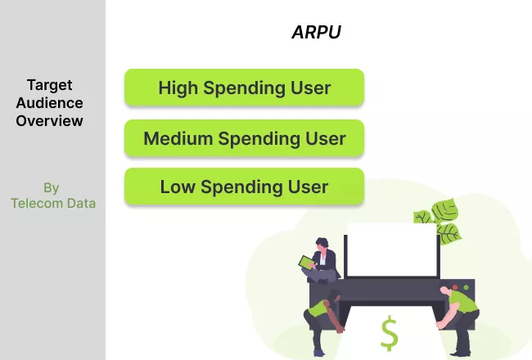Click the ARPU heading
316,32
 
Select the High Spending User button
244,88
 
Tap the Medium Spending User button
244,138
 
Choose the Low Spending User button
244,187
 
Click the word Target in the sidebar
50,85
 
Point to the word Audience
50,103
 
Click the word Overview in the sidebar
50,121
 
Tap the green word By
52,188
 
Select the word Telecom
37,203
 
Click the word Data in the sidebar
81,203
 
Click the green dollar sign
389,333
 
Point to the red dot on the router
455,287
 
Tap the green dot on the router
467,287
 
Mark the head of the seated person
322,244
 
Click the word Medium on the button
178,138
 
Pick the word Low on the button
178,187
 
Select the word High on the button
178,88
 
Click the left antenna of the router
345,257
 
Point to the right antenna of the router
439,257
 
